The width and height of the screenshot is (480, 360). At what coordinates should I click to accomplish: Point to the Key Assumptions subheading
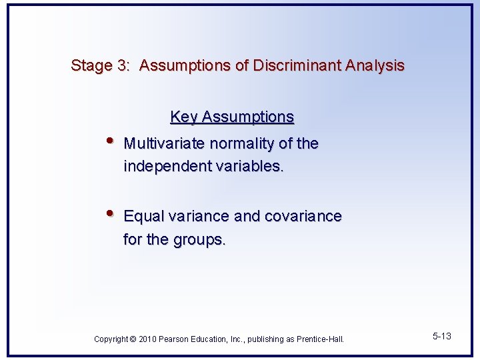(x=232, y=117)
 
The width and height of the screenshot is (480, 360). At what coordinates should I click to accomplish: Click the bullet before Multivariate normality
(x=110, y=141)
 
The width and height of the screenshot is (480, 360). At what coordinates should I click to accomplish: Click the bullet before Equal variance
(x=110, y=213)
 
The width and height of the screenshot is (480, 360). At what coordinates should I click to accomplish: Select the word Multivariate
(x=165, y=144)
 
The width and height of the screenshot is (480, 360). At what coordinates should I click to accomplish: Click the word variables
(x=250, y=167)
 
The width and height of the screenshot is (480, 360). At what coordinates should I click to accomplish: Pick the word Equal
(x=143, y=217)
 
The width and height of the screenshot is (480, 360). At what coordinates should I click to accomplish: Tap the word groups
(x=200, y=240)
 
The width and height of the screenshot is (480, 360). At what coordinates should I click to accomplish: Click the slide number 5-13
(x=441, y=337)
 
